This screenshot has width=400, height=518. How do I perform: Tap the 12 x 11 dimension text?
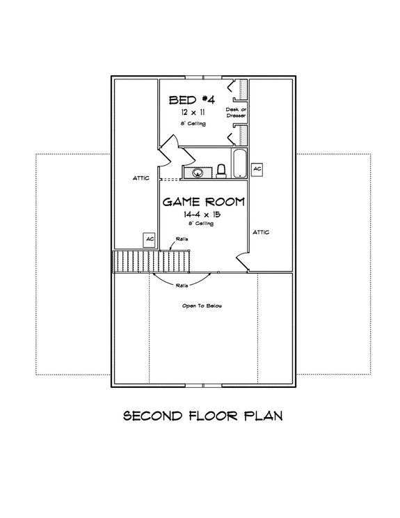pos(192,112)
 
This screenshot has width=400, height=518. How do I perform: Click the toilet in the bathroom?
pos(221,170)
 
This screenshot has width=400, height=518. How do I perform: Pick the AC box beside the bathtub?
pos(257,169)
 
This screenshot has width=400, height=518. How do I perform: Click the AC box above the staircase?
pos(149,239)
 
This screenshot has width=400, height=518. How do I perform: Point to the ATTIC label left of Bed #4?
pos(142,178)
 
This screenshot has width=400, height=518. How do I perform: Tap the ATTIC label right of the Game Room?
pos(261,232)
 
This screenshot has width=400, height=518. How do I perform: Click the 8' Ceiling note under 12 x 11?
pos(192,123)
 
